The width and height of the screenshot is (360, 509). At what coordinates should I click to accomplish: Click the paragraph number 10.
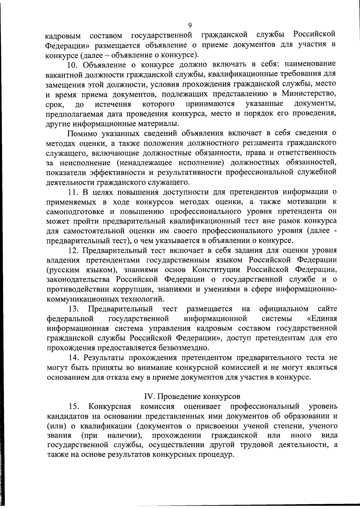pyautogui.click(x=73, y=64)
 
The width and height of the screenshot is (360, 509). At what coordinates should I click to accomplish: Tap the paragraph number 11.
pyautogui.click(x=73, y=192)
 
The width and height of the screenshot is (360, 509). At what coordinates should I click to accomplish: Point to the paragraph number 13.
pyautogui.click(x=73, y=309)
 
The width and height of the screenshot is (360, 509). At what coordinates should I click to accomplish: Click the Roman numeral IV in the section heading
pyautogui.click(x=149, y=397)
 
